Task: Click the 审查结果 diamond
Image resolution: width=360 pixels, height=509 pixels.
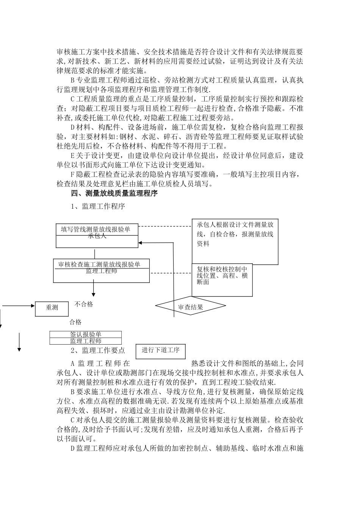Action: [191, 306]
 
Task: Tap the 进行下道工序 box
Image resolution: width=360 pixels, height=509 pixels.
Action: [161, 351]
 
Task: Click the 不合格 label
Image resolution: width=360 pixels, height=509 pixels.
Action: [84, 304]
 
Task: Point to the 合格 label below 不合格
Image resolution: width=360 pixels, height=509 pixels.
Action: [75, 322]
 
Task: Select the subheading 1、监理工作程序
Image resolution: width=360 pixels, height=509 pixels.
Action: [98, 206]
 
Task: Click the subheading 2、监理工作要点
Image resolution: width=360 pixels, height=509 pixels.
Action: [98, 350]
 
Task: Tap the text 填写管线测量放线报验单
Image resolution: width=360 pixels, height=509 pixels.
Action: [95, 229]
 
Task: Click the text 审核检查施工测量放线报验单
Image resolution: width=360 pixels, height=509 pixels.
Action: [99, 264]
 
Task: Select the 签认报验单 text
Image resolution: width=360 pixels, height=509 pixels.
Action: [86, 334]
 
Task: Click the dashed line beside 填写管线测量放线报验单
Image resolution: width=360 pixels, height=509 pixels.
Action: [165, 226]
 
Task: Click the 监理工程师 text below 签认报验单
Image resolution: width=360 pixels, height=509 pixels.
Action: [86, 341]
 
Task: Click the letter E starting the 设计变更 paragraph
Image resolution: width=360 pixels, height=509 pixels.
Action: [73, 155]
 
